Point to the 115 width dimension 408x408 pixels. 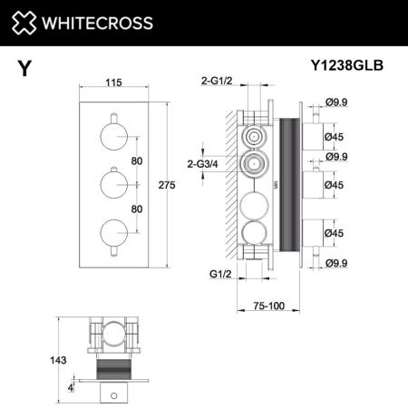pos(113,83)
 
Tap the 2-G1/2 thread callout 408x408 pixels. pos(217,81)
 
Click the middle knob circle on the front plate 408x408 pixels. pos(113,186)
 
